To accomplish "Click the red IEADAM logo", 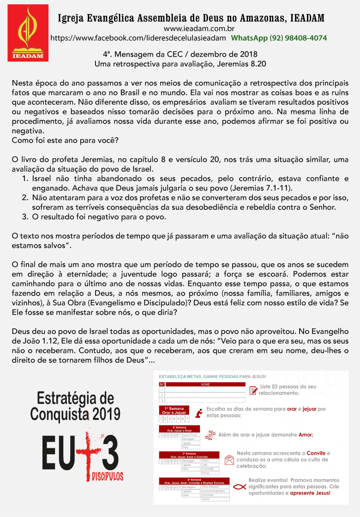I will coord(28,33).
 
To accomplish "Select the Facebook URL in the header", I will coord(138,38).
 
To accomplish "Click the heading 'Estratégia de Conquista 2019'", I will coord(75,406).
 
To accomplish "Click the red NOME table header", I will coord(205,384).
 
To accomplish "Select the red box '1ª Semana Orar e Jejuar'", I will coord(174,411).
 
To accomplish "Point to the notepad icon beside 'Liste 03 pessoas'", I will coord(253,390).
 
